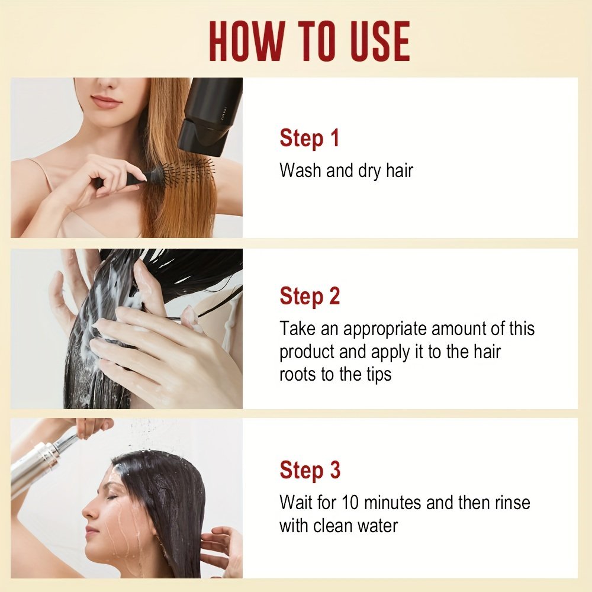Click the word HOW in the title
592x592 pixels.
pos(246,41)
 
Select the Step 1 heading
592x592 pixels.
pos(309,138)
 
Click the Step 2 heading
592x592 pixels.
pos(310,296)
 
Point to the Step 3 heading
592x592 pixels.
pos(310,470)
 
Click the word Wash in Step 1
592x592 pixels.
pos(300,170)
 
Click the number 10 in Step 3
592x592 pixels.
pos(350,503)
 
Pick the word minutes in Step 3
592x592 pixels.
pos(392,503)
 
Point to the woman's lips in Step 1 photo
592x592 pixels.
pos(106,102)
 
